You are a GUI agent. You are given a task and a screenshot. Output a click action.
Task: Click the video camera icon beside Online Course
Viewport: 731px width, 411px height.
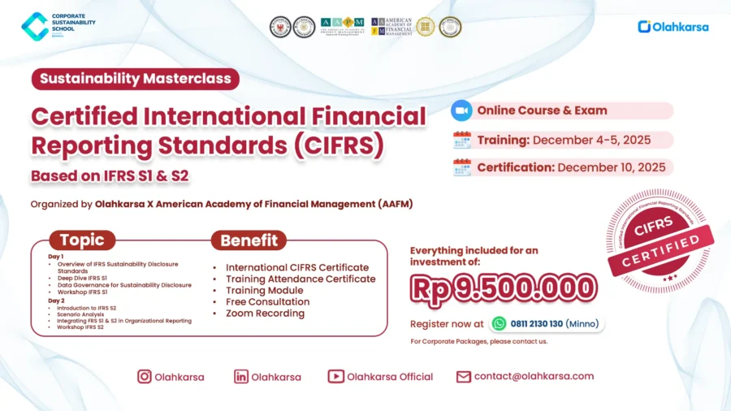pyautogui.click(x=461, y=110)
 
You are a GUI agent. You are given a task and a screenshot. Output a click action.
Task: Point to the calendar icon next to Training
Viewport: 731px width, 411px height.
pyautogui.click(x=461, y=140)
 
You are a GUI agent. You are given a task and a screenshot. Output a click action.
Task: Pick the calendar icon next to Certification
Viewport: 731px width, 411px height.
pyautogui.click(x=461, y=167)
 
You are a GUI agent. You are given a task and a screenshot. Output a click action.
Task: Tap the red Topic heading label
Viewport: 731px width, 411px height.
pyautogui.click(x=82, y=240)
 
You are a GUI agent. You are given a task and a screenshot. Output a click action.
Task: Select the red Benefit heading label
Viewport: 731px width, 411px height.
pyautogui.click(x=249, y=240)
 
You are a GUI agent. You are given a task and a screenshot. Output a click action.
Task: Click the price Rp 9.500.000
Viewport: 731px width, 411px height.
pyautogui.click(x=504, y=287)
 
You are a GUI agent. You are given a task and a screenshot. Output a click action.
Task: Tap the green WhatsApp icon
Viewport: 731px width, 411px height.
pyautogui.click(x=499, y=323)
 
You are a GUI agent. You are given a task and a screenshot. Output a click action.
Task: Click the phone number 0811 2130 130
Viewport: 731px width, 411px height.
pyautogui.click(x=538, y=323)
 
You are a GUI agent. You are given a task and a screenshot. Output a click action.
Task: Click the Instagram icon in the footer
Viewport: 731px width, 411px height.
pyautogui.click(x=145, y=377)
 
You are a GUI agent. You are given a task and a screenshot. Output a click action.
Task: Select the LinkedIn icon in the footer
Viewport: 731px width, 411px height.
pyautogui.click(x=241, y=377)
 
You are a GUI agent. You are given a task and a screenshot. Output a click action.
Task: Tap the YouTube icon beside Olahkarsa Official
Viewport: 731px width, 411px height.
pyautogui.click(x=335, y=377)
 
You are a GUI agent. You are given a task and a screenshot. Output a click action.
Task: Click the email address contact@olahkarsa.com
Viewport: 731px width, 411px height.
pyautogui.click(x=534, y=376)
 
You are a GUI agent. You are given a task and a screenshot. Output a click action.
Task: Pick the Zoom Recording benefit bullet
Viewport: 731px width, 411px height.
pyautogui.click(x=265, y=313)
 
